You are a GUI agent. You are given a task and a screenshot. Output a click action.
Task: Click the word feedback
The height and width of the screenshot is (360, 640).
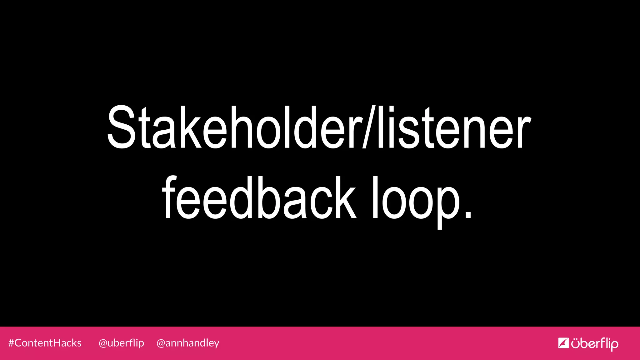259,197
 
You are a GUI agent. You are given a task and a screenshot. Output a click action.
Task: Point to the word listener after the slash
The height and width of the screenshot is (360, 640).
453,127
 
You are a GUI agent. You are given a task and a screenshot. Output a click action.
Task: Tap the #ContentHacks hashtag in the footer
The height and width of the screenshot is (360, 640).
45,343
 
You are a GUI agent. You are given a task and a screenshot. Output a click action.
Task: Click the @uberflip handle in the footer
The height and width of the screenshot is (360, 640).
121,343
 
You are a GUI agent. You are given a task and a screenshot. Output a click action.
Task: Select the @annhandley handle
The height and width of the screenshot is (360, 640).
188,343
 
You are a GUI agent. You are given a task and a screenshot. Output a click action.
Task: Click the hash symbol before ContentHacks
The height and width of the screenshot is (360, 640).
11,343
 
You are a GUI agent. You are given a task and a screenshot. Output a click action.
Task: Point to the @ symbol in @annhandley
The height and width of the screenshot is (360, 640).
161,343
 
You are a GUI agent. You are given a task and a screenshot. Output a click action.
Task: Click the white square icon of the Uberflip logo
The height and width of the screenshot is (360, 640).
563,343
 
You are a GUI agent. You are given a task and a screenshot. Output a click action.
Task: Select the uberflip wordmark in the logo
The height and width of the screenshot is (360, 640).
594,344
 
